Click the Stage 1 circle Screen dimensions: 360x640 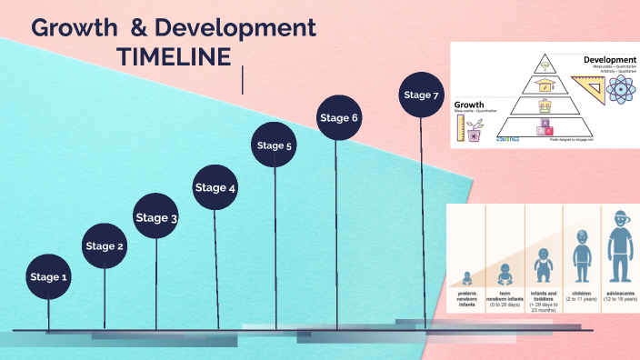[x=48, y=276]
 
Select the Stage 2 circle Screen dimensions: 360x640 [x=105, y=245]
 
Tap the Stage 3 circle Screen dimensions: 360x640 [x=156, y=217]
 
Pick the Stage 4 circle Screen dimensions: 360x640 [x=215, y=188]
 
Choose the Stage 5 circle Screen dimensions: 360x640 [x=274, y=145]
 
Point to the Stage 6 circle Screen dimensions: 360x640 [x=339, y=117]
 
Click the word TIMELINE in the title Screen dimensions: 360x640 [x=174, y=56]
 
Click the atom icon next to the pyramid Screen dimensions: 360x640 [x=622, y=90]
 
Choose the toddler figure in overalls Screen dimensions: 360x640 [x=543, y=265]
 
